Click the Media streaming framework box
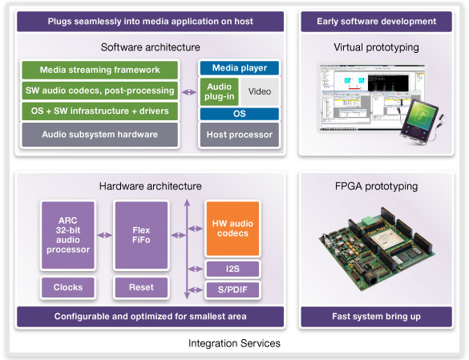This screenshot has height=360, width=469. (x=100, y=70)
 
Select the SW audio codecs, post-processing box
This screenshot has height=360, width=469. (x=100, y=91)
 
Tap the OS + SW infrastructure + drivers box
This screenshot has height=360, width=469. (x=100, y=111)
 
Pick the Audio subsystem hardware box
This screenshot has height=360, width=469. (x=100, y=135)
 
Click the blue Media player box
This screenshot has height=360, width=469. (x=239, y=68)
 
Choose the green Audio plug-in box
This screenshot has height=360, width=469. (x=219, y=91)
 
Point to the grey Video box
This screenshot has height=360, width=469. (x=260, y=91)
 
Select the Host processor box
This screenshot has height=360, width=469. (x=239, y=135)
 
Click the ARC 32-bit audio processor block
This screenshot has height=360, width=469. (x=68, y=235)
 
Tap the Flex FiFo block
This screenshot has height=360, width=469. (x=141, y=235)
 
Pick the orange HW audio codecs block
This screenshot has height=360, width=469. (x=232, y=229)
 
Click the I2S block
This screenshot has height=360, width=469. (x=232, y=269)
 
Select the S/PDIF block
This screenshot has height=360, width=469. (x=232, y=289)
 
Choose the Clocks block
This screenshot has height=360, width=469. (x=68, y=287)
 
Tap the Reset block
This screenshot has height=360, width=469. (x=141, y=287)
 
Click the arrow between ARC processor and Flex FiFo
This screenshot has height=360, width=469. (x=105, y=235)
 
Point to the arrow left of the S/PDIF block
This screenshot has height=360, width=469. (x=196, y=289)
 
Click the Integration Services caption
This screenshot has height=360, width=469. (x=234, y=343)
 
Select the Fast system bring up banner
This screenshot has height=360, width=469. (x=376, y=317)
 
